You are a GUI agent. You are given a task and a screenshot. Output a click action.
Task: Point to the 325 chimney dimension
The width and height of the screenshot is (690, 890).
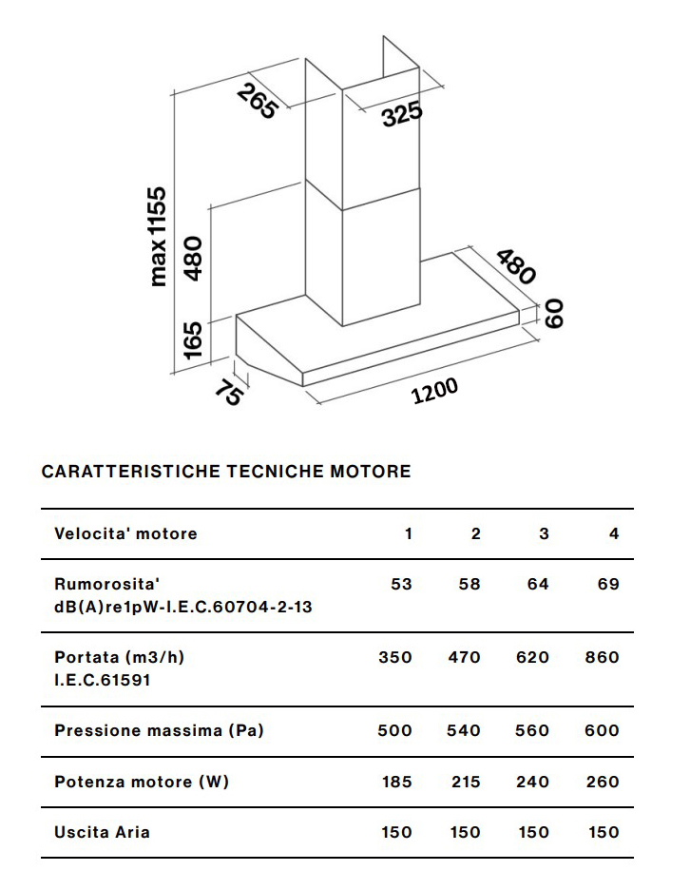coord(402,116)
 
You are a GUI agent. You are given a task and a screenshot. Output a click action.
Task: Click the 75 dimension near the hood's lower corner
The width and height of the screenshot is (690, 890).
coord(227,391)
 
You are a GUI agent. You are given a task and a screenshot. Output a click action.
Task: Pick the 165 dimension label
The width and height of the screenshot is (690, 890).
coord(193,340)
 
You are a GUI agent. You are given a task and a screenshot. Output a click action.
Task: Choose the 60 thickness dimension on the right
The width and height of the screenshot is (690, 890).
coord(554,313)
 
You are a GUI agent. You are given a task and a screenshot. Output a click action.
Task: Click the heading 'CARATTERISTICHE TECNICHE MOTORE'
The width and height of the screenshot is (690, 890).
coord(226,472)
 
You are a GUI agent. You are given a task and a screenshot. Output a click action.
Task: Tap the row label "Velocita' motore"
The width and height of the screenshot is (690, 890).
coord(125,533)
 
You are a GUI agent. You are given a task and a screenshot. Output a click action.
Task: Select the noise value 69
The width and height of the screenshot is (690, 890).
coord(608,584)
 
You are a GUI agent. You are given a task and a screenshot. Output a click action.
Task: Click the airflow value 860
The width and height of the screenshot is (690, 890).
coord(602,657)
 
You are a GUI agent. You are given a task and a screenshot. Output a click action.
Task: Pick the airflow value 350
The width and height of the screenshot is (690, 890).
coord(395,657)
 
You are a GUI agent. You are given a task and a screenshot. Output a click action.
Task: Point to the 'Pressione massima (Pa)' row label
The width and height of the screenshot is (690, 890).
coord(159,730)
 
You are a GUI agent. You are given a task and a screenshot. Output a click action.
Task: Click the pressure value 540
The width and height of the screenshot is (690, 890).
coord(464,730)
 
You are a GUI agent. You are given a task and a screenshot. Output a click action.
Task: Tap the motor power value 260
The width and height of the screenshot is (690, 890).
coord(602,782)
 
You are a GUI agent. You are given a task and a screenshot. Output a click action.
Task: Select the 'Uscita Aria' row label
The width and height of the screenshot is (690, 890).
coord(102,832)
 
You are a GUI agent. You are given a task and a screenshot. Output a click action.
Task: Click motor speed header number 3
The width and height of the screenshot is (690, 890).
coord(544,533)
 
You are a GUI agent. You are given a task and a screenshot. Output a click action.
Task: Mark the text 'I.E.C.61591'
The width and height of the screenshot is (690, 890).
coord(103,680)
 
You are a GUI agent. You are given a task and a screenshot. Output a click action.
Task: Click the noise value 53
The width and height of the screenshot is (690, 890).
coord(401,584)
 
